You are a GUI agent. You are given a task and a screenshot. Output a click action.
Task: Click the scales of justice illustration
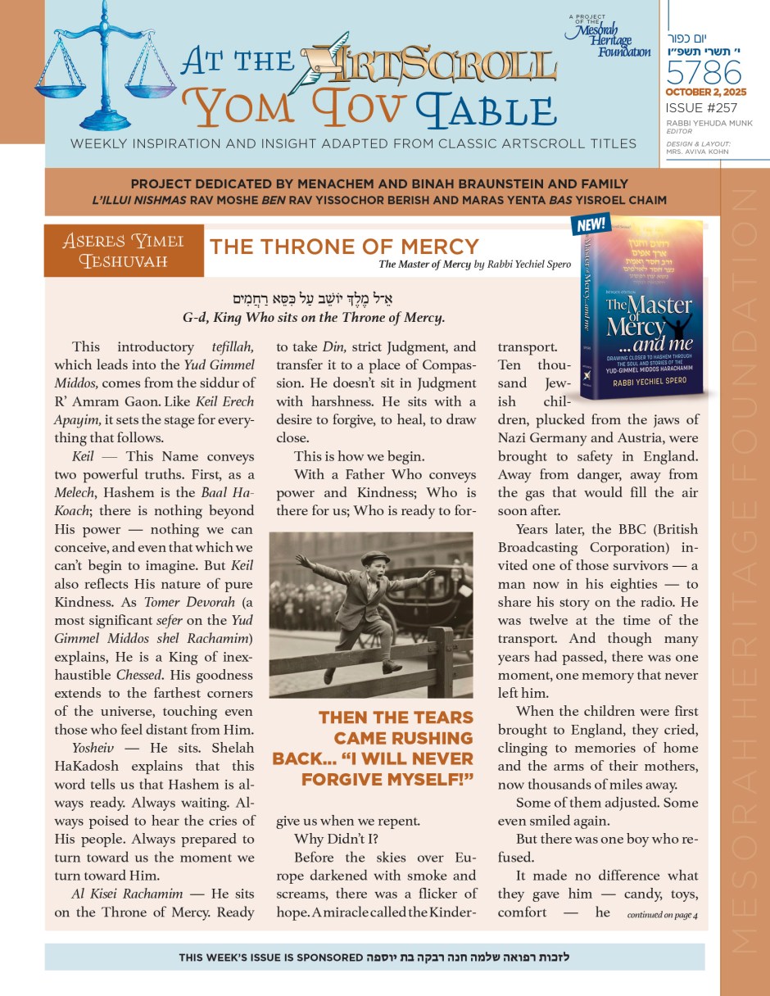coord(105,61)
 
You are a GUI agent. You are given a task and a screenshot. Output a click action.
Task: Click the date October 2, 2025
coord(705,93)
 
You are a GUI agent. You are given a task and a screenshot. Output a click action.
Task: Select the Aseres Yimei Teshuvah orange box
coord(124,251)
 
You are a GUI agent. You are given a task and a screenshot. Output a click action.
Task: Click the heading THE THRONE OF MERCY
coord(344,247)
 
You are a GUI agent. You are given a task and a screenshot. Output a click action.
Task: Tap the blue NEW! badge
coord(591,224)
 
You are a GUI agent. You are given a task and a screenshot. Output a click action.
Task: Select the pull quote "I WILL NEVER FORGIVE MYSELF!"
coord(373,748)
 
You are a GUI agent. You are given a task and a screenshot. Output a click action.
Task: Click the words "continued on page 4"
coord(662,915)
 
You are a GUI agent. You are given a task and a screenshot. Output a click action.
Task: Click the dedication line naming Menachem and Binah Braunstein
coord(382,184)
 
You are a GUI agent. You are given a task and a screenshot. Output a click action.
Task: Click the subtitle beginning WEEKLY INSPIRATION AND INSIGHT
coord(353,144)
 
